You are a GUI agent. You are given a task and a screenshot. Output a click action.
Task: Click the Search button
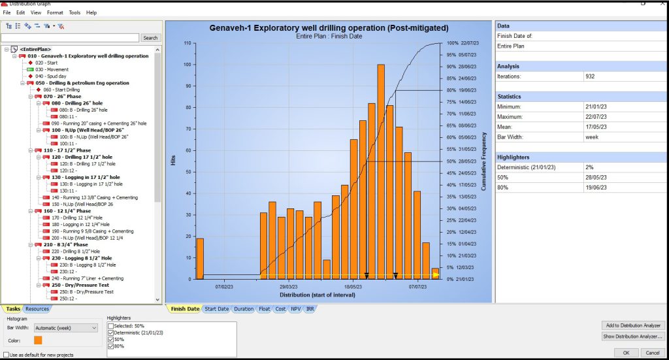150,38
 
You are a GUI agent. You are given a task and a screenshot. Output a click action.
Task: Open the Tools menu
74,12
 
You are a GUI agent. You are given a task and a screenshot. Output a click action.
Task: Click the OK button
626,352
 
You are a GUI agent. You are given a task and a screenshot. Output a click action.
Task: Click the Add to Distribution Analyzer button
632,325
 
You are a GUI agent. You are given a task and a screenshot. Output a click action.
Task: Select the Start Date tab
216,309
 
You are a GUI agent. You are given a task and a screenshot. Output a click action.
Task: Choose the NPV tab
296,309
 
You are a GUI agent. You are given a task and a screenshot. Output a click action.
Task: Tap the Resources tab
37,309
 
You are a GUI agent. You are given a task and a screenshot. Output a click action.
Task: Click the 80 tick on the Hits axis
188,107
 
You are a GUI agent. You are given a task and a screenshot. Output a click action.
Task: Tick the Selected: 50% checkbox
110,325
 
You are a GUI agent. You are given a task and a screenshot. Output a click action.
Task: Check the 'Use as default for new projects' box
6,355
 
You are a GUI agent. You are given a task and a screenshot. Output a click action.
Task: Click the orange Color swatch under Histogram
39,340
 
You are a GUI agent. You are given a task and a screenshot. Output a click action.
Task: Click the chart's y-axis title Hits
173,160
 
